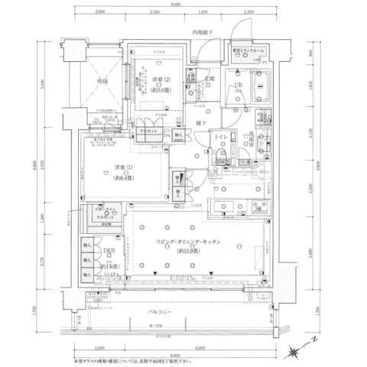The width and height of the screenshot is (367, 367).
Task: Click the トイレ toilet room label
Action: tap(219, 137)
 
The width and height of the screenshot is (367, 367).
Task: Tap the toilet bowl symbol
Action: tap(220, 155)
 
